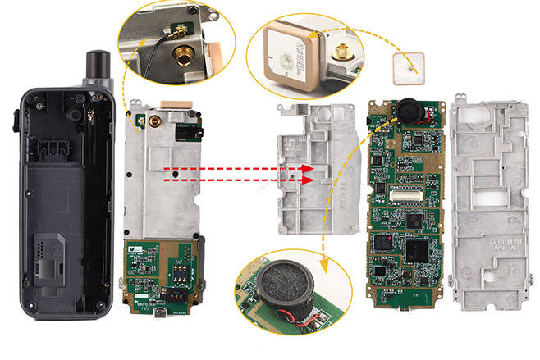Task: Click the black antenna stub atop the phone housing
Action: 98,62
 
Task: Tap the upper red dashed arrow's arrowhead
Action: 309,168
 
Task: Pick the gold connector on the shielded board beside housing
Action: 153,123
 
